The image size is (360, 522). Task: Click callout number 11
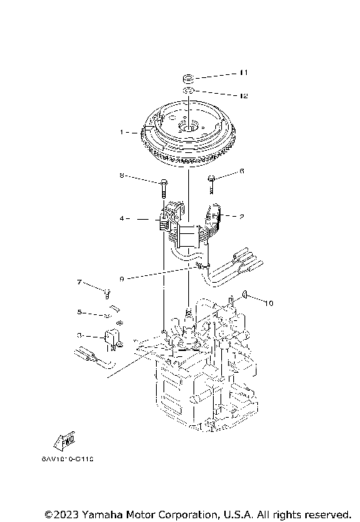(x=243, y=73)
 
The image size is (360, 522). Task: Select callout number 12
(x=243, y=96)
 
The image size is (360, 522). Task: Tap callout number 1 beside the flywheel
(x=121, y=132)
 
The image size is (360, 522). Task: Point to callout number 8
(x=121, y=177)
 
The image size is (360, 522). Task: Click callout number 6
(x=241, y=172)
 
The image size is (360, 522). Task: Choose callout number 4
(x=121, y=219)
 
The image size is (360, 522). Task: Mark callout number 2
(x=241, y=217)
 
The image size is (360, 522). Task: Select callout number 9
(x=121, y=278)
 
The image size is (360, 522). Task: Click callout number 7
(x=78, y=282)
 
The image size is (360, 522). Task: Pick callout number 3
(x=79, y=335)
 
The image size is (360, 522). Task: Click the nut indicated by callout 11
(x=190, y=77)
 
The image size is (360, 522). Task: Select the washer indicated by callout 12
(x=190, y=92)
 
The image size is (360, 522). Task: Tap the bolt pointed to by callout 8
(x=163, y=183)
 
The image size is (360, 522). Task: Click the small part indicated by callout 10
(x=245, y=295)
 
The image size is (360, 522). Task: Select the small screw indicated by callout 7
(x=108, y=291)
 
